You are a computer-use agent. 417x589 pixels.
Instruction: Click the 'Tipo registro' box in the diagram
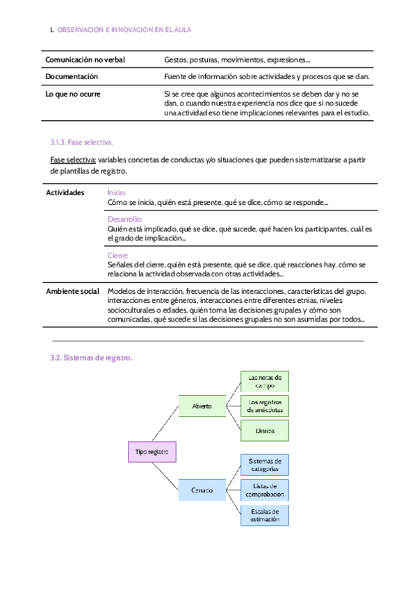pos(152,452)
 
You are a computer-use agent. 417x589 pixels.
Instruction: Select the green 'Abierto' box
pos(202,406)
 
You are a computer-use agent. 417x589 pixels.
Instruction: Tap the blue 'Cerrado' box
pos(202,490)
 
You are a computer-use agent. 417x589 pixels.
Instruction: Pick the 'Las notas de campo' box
pos(265,381)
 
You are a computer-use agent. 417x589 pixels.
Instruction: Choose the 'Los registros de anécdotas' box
pos(265,406)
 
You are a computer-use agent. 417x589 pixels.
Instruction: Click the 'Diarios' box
pos(265,431)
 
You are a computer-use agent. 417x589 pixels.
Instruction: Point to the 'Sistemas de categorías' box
pos(265,464)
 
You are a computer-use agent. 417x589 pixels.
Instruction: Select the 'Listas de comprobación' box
pos(265,490)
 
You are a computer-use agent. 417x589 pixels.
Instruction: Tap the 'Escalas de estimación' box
pos(265,515)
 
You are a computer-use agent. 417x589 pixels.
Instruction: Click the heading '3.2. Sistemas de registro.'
pos(90,358)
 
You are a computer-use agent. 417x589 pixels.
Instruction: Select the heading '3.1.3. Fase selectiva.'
pos(81,142)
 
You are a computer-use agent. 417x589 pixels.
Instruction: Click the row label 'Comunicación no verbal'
pos(85,60)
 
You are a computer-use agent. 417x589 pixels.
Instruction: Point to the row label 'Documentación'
pos(72,76)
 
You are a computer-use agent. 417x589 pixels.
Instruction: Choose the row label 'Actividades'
pos(65,192)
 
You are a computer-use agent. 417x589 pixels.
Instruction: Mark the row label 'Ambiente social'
pos(72,291)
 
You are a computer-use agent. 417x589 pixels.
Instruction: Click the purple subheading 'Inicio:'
pos(117,192)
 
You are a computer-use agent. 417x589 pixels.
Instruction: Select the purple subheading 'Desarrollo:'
pos(125,219)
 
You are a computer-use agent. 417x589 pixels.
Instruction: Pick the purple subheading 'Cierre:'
pos(118,255)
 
